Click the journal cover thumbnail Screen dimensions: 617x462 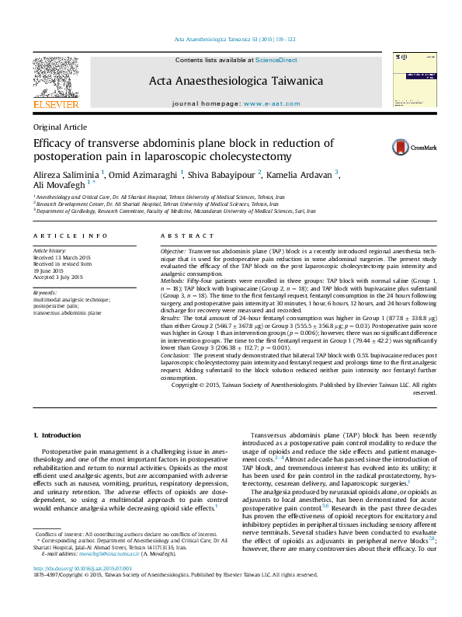pyautogui.click(x=408, y=81)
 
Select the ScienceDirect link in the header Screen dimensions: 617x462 pyautogui.click(x=276, y=60)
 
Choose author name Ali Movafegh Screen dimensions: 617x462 pyautogui.click(x=58, y=185)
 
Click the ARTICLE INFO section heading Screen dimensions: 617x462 pyautogui.click(x=71, y=235)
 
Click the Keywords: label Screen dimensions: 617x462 pyautogui.click(x=45, y=292)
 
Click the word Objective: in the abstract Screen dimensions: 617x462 pyautogui.click(x=173, y=253)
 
